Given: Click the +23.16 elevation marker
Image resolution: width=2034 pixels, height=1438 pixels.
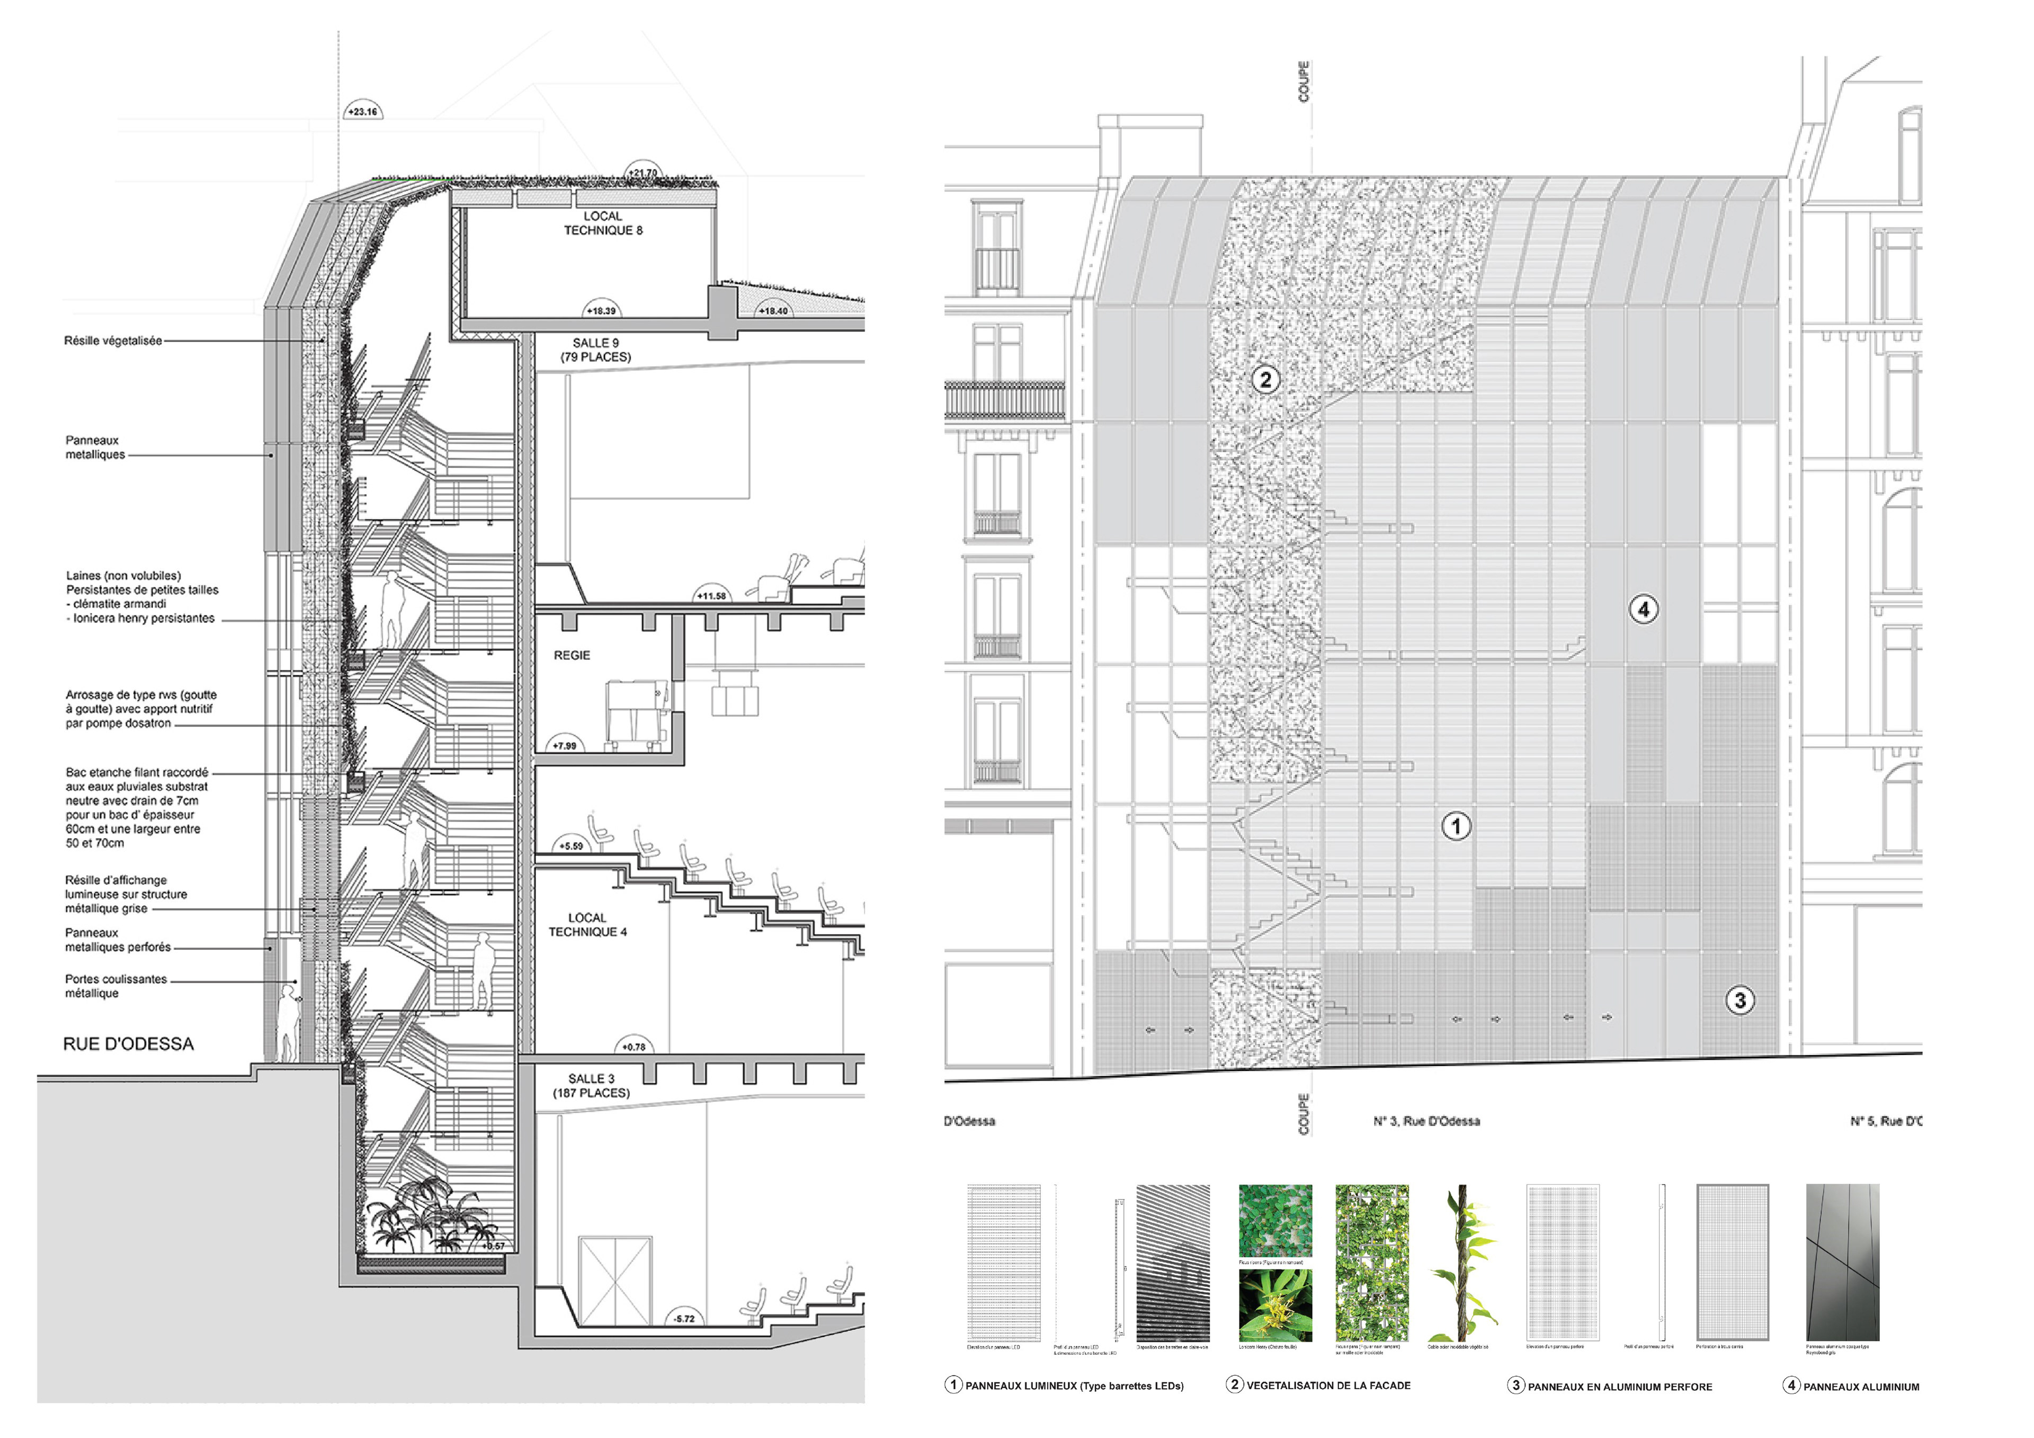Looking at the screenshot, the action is pyautogui.click(x=362, y=112).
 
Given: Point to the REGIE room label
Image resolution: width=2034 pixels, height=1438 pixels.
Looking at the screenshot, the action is pyautogui.click(x=572, y=656).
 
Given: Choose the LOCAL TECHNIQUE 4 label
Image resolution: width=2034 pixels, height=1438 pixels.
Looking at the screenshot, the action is pyautogui.click(x=587, y=925).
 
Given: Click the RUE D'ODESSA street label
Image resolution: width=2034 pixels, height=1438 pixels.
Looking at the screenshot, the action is pyautogui.click(x=129, y=1044).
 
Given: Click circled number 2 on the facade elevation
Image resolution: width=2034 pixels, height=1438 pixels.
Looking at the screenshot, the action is pyautogui.click(x=1265, y=380).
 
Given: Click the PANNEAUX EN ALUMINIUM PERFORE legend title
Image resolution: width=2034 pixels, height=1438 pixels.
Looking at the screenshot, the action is pyautogui.click(x=1619, y=1387).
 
